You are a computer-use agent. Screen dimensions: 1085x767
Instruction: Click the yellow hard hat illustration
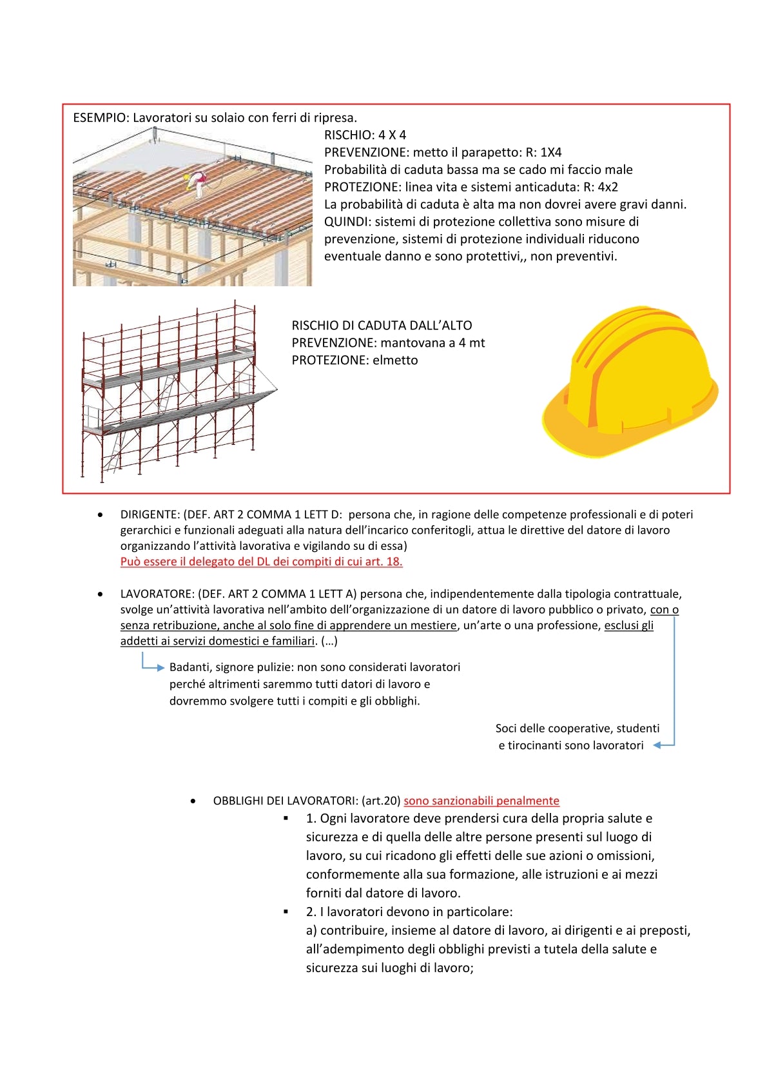click(x=630, y=382)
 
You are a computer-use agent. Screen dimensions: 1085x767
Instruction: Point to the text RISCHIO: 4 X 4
click(x=365, y=135)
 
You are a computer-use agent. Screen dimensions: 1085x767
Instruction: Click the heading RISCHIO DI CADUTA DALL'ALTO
click(x=382, y=326)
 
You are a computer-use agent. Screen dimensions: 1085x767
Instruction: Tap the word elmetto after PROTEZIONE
click(x=395, y=360)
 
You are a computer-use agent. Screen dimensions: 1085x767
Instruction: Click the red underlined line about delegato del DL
click(x=261, y=562)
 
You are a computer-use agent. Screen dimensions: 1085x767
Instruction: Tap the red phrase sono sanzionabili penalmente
click(x=481, y=801)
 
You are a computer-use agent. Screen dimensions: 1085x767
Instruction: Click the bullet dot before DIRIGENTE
click(x=100, y=515)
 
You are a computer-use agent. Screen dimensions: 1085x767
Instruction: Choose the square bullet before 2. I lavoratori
click(x=286, y=912)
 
